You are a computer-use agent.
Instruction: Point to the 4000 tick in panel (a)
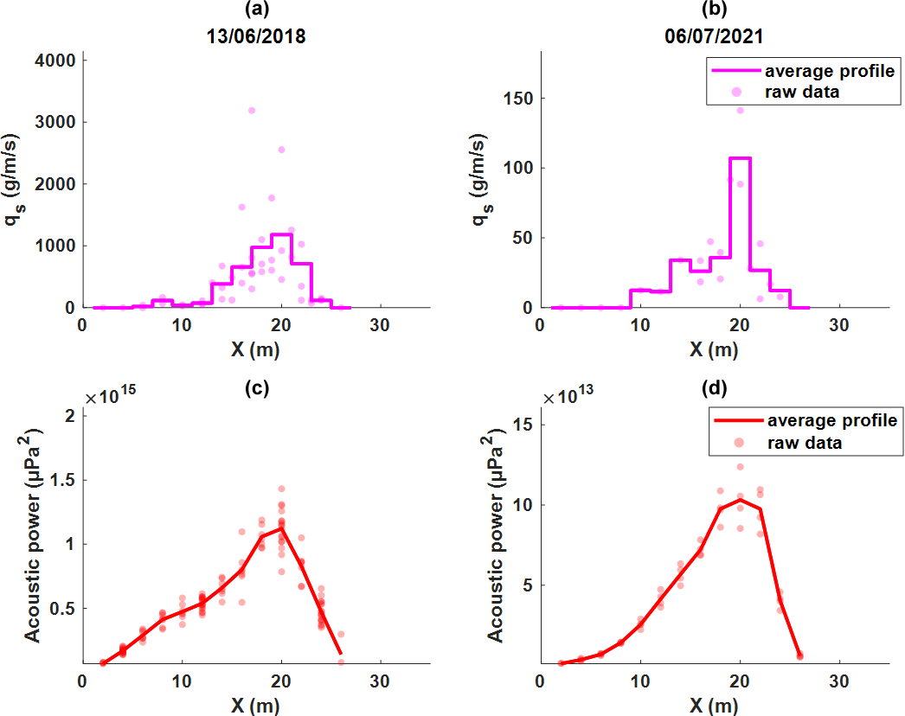coord(55,61)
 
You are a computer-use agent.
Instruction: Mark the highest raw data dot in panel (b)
coord(740,111)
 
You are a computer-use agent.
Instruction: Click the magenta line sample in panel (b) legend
coord(735,71)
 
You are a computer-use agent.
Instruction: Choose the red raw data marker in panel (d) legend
coord(739,443)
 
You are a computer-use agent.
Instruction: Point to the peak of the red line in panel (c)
coord(281,528)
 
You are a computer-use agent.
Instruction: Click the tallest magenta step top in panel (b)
coord(740,158)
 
